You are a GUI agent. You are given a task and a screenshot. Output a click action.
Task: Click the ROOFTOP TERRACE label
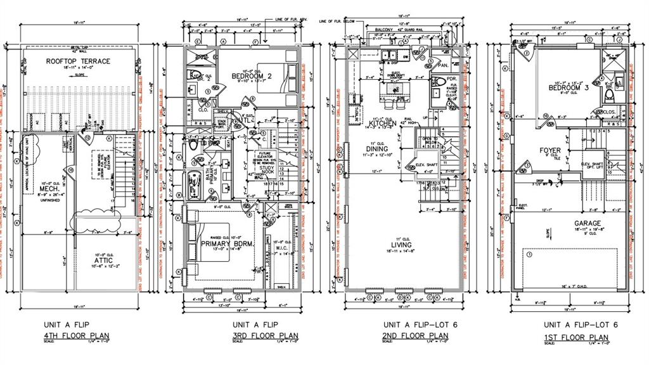pos(78,61)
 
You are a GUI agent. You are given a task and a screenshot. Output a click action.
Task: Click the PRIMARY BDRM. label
pos(228,243)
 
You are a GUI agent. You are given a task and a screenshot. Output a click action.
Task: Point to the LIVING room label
pos(401,245)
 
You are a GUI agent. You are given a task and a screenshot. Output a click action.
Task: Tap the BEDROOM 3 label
pos(569,88)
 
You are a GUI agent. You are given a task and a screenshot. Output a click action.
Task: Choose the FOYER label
pos(549,151)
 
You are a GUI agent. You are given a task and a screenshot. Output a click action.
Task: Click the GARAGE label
pos(570,223)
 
